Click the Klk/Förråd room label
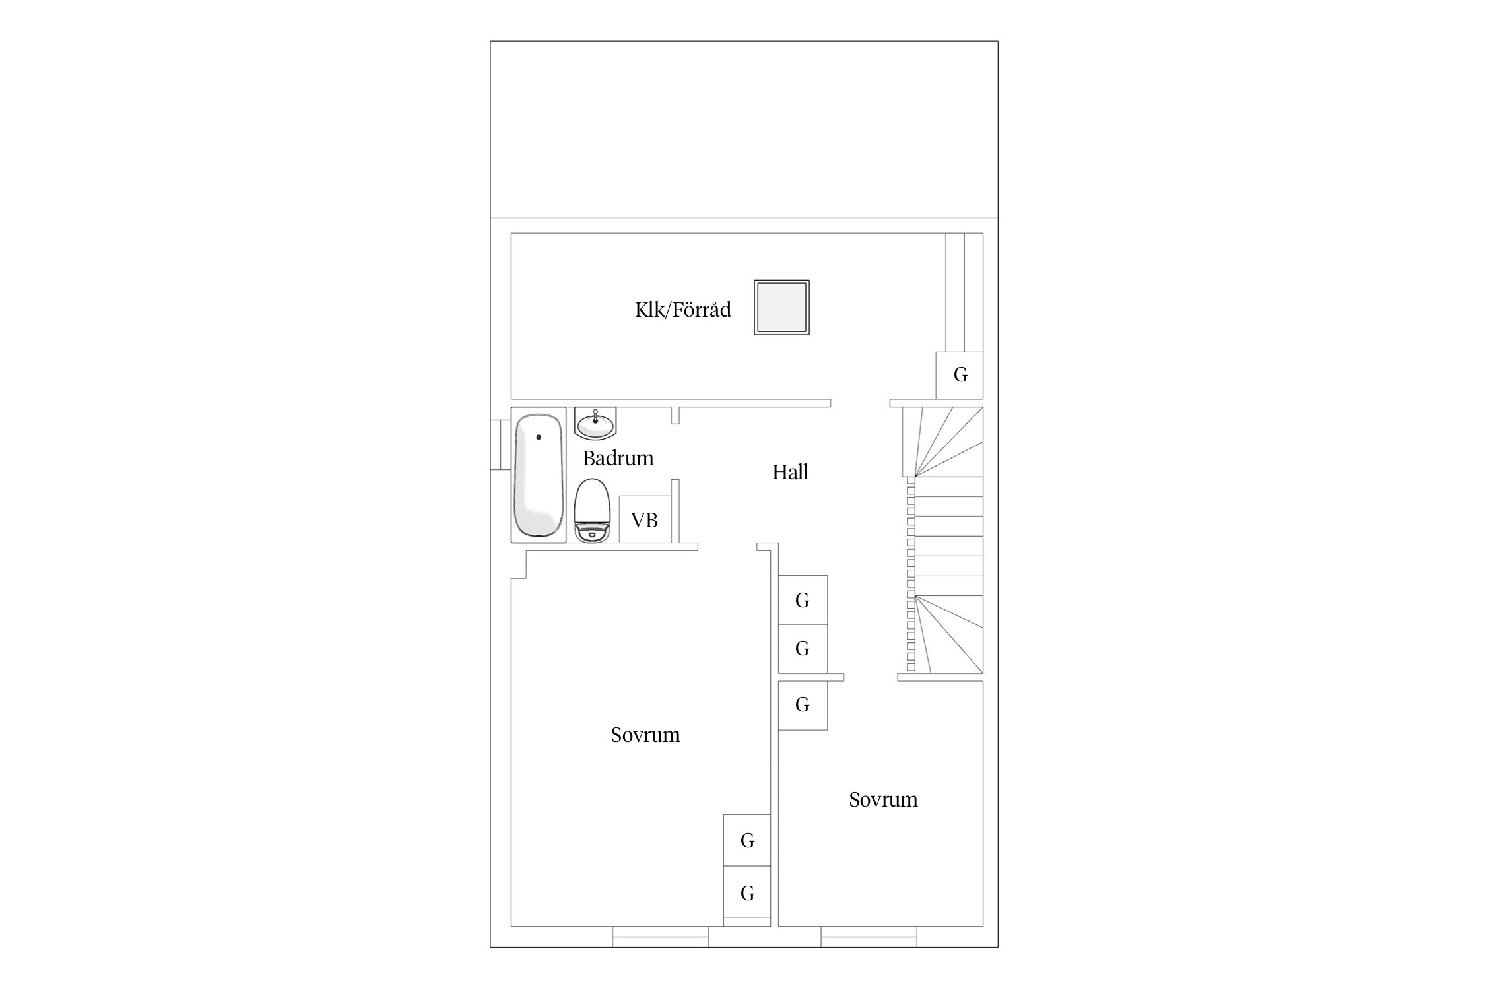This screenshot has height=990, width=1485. [x=682, y=310]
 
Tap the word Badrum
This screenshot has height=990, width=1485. [x=618, y=458]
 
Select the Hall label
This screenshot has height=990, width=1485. [x=790, y=472]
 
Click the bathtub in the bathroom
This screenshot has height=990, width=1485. [x=539, y=475]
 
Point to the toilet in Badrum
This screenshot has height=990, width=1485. [x=591, y=510]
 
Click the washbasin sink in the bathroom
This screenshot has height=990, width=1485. [x=595, y=423]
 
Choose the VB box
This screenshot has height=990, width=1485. [x=645, y=519]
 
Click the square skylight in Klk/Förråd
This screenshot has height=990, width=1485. [x=782, y=307]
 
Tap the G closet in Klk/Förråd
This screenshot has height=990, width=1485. [x=960, y=375]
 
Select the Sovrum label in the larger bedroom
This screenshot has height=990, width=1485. [x=645, y=735]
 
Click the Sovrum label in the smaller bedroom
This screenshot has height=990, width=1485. [x=883, y=800]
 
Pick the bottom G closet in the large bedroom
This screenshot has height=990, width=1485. [x=747, y=892]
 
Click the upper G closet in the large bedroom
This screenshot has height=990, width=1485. [x=747, y=840]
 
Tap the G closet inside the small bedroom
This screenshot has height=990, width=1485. [x=803, y=706]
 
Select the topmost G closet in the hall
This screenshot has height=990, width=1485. [x=803, y=600]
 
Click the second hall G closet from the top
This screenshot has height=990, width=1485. [x=803, y=649]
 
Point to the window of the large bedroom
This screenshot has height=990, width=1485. [x=661, y=937]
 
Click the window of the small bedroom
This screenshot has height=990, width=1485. [x=869, y=937]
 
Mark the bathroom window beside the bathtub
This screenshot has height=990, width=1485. [x=501, y=445]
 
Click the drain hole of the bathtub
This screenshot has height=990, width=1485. [x=539, y=437]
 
